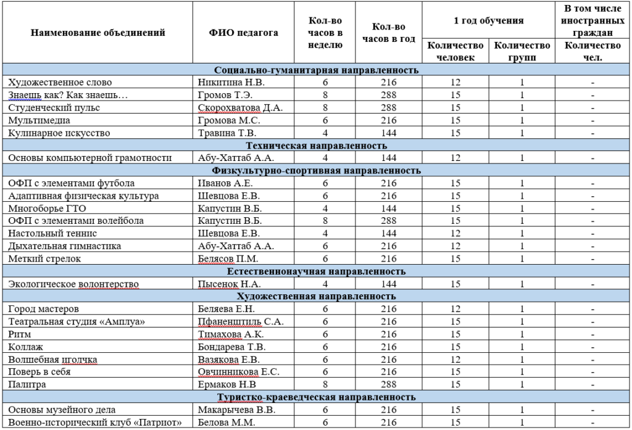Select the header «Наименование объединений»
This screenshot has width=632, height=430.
[98, 33]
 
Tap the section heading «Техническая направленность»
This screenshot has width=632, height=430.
[316, 146]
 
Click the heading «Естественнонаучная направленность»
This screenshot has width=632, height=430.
[316, 271]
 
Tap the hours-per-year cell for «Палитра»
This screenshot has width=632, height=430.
[389, 384]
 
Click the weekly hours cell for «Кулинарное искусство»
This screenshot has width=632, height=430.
[325, 133]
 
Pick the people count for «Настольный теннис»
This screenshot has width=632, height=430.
[455, 234]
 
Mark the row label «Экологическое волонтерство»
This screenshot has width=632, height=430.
[73, 284]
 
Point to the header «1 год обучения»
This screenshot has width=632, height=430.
[488, 21]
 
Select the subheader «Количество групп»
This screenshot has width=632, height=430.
[522, 51]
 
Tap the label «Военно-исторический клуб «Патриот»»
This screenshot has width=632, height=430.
[94, 423]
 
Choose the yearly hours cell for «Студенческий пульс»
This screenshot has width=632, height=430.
[389, 107]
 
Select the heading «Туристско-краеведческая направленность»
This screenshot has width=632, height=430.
[316, 397]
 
